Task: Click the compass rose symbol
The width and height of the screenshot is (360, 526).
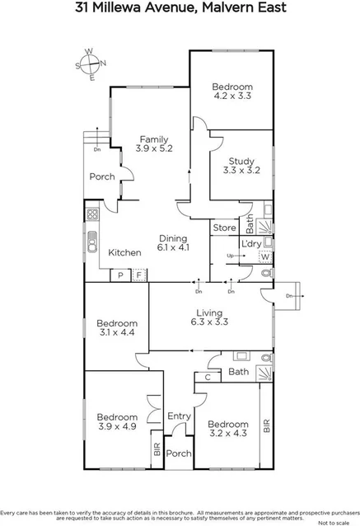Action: [91, 63]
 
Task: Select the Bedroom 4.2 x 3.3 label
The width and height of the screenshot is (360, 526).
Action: [231, 91]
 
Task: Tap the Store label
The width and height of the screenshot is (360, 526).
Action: [224, 228]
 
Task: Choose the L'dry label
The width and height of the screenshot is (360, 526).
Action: [250, 244]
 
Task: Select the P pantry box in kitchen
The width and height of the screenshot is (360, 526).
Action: [120, 275]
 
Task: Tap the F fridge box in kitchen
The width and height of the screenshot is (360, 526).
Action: [139, 275]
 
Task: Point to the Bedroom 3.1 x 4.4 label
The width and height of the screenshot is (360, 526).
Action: [115, 328]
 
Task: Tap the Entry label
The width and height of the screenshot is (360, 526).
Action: [178, 416]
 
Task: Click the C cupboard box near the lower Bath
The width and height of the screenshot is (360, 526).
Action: [207, 378]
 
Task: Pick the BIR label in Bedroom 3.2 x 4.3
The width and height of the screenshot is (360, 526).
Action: [266, 425]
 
